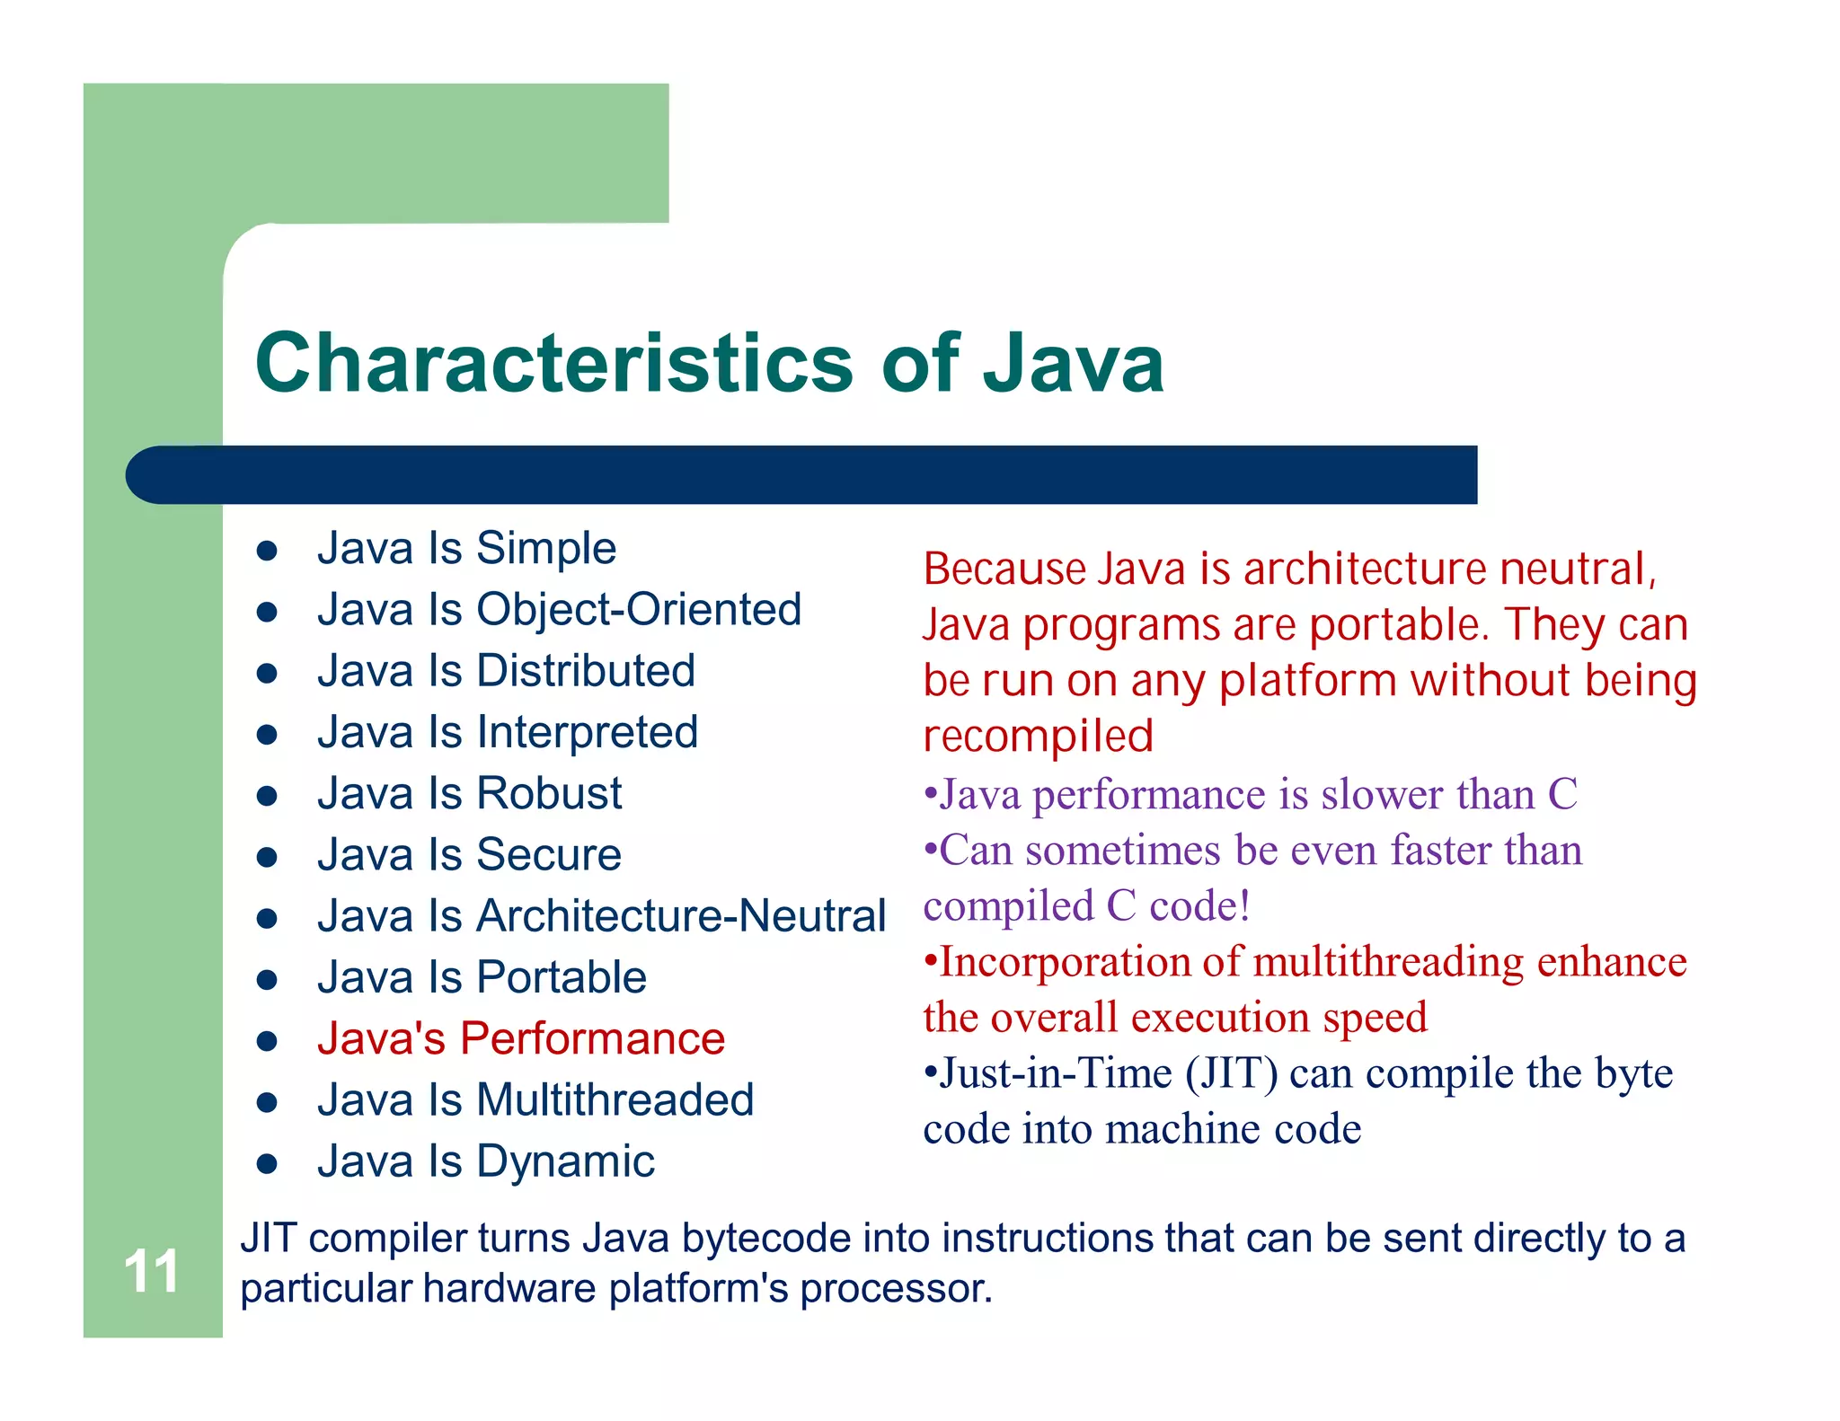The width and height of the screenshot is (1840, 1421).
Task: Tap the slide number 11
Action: click(x=151, y=1271)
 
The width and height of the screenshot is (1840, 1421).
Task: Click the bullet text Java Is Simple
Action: click(x=466, y=548)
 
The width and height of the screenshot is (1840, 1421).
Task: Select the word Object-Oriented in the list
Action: click(x=639, y=610)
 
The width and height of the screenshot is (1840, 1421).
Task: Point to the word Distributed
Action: click(x=586, y=671)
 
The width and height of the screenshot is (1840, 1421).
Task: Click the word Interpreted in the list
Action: click(x=588, y=732)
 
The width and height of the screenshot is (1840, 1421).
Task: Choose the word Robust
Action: click(x=549, y=793)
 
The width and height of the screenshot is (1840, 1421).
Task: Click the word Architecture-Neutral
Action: click(x=681, y=916)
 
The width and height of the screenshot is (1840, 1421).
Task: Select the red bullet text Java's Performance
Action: click(x=521, y=1038)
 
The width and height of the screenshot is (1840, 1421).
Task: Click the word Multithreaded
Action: click(x=615, y=1099)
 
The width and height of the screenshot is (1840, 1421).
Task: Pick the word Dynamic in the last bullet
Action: click(x=565, y=1161)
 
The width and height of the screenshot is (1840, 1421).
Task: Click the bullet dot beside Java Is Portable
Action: click(x=267, y=979)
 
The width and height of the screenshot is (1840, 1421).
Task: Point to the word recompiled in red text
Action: click(x=1038, y=737)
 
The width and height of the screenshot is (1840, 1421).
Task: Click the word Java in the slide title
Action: click(x=1074, y=363)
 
